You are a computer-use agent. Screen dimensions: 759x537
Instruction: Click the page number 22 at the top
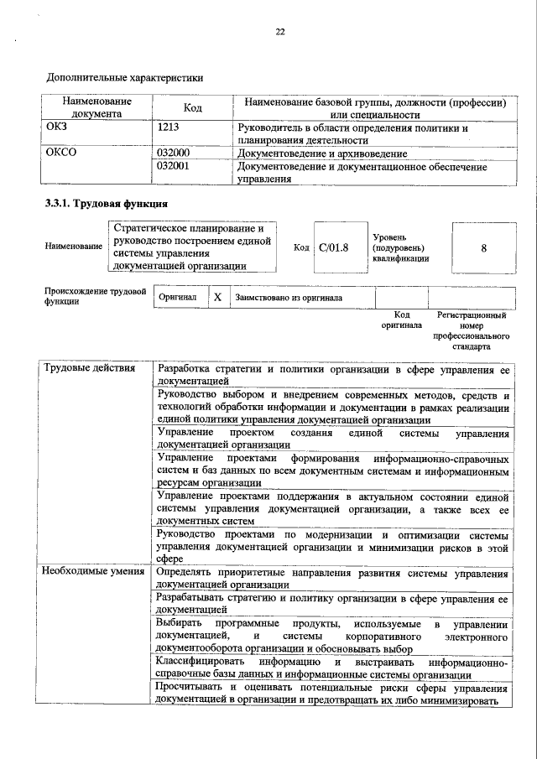tap(281, 32)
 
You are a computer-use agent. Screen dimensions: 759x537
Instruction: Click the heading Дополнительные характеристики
tap(124, 77)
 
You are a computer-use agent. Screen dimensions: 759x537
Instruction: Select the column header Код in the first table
tap(192, 108)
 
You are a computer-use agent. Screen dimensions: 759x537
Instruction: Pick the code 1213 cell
tap(169, 128)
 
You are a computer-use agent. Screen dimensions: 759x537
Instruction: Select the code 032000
tap(174, 154)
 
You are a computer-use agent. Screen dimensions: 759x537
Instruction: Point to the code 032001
tap(174, 167)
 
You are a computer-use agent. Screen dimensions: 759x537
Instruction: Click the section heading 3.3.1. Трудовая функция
tap(106, 204)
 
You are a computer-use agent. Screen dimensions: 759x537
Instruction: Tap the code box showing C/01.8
tap(333, 247)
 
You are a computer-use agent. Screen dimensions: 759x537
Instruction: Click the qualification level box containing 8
tap(484, 248)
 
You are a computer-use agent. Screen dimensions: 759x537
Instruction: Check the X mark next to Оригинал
tap(217, 297)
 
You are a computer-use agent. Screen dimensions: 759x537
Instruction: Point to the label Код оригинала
tap(401, 320)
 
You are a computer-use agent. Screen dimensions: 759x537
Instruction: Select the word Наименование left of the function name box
tap(73, 248)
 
